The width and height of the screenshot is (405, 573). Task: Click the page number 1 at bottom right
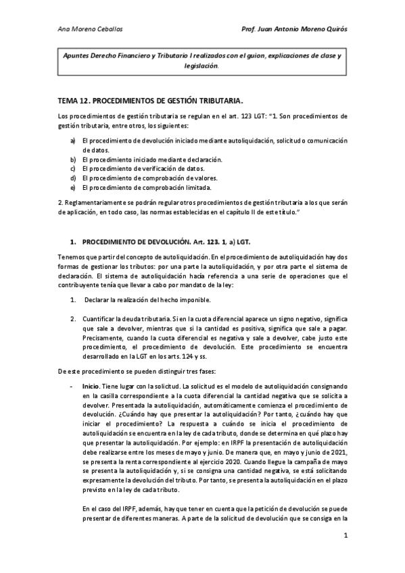pyautogui.click(x=345, y=555)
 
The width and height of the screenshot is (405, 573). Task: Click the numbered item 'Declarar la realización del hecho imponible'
pyautogui.click(x=148, y=299)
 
